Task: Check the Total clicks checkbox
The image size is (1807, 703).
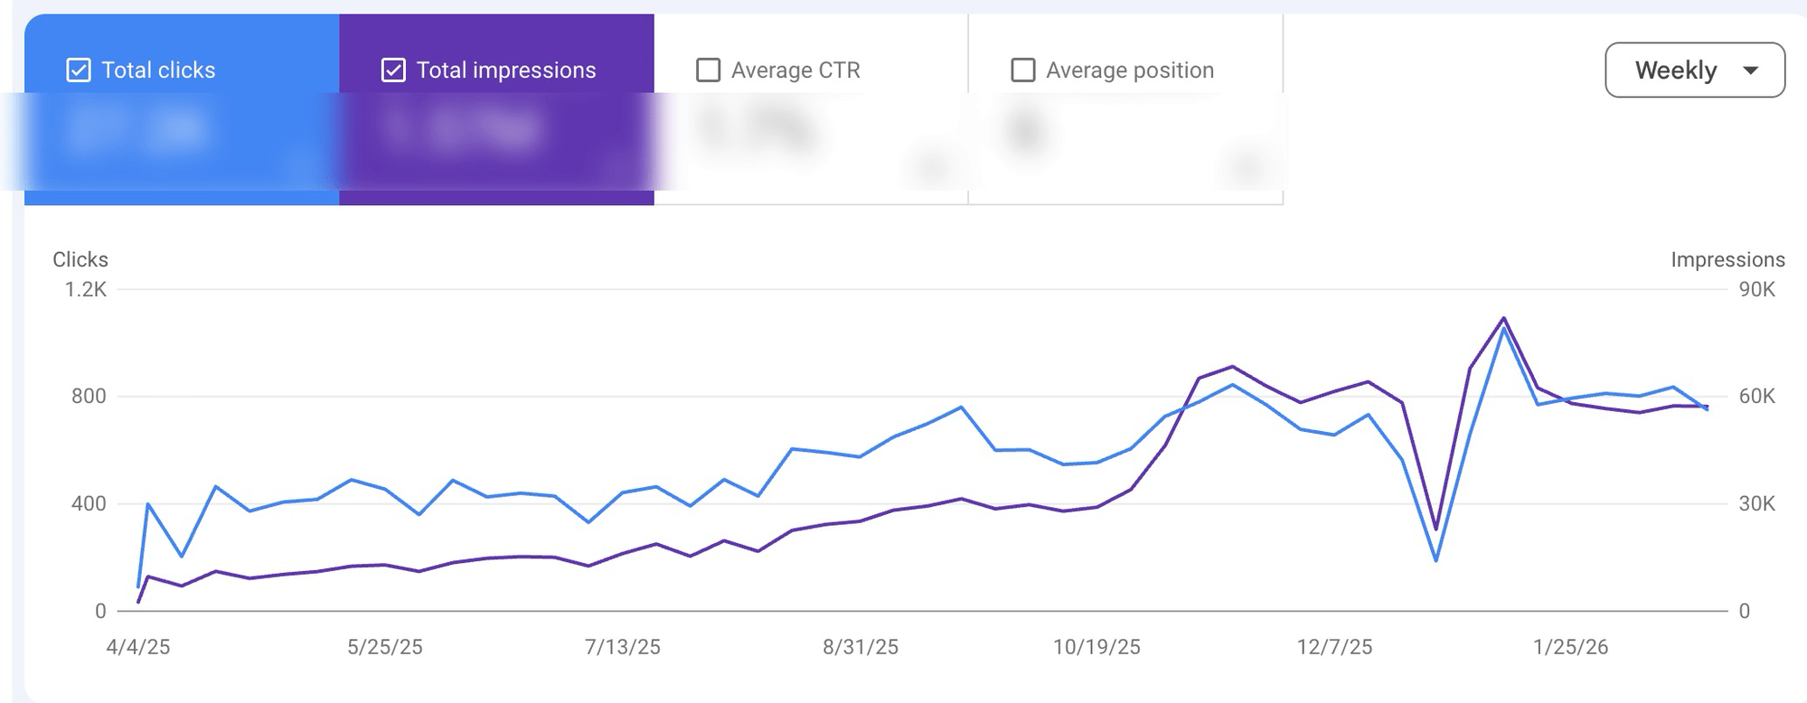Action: coord(79,70)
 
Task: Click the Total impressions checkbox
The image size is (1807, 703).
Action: coord(393,70)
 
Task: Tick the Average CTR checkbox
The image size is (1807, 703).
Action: coord(708,70)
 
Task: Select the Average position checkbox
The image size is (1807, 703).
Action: coord(1022,70)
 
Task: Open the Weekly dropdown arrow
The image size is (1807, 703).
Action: coord(1750,70)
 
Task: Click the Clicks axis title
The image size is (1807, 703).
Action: coord(80,259)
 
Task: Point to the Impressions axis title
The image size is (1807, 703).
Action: coord(1727,259)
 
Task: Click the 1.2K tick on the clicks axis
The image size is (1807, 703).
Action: coord(85,289)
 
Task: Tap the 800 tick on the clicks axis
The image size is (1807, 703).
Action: coord(89,396)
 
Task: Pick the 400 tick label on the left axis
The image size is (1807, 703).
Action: coord(89,503)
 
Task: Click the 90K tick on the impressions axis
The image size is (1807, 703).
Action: coord(1756,289)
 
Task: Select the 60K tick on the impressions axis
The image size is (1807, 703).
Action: coord(1756,396)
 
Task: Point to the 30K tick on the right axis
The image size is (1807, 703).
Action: coord(1756,503)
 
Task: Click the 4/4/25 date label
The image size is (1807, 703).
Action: coord(138,647)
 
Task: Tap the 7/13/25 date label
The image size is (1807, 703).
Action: coord(623,647)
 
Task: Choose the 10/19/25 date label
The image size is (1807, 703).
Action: coord(1096,647)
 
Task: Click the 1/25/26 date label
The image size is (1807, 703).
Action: coord(1571,647)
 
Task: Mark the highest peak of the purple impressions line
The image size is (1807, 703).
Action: coord(1503,318)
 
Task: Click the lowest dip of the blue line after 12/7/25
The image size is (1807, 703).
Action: coord(1435,560)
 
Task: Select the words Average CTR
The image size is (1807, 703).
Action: coord(795,70)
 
